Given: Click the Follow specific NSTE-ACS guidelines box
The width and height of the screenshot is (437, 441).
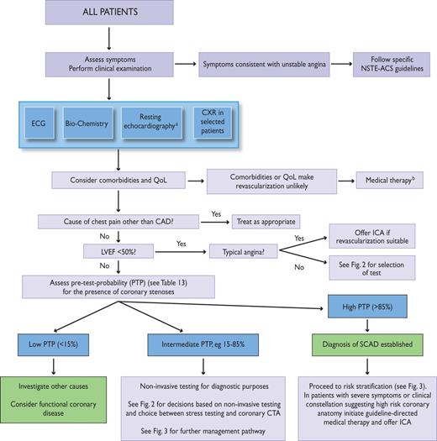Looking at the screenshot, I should click(x=382, y=64).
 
